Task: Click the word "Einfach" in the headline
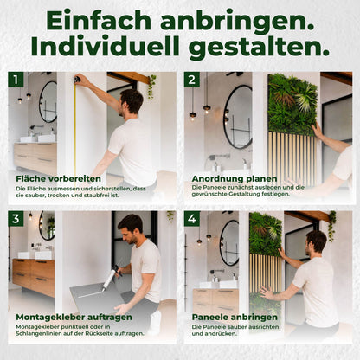tap(99, 21)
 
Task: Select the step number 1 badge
tap(16, 80)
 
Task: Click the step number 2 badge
tap(192, 80)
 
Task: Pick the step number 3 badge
tap(16, 219)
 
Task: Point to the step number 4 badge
tap(192, 219)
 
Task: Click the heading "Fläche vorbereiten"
tap(58, 178)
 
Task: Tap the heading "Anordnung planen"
tap(235, 178)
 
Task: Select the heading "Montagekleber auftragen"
tap(74, 317)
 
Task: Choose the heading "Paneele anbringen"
tap(235, 317)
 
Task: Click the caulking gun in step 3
tap(112, 277)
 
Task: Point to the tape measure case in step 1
tap(77, 79)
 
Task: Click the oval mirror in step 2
tap(238, 116)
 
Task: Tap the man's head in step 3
tap(130, 228)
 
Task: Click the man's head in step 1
tap(131, 102)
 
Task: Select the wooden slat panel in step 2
tap(292, 158)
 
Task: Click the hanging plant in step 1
tap(151, 87)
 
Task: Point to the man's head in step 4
tap(316, 242)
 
